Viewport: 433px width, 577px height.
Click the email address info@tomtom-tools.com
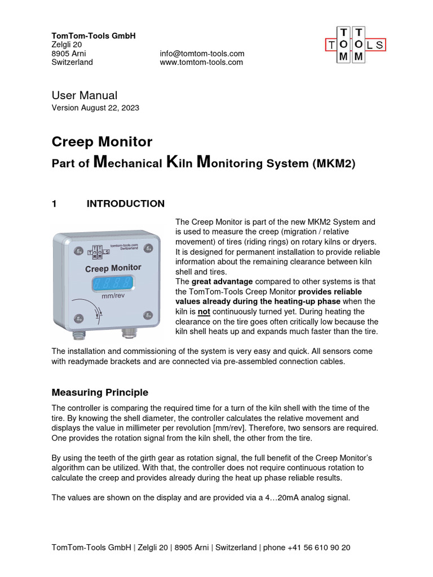pyautogui.click(x=202, y=54)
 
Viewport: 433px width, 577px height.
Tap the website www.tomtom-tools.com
pyautogui.click(x=201, y=63)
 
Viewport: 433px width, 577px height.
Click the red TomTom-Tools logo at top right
pyautogui.click(x=355, y=45)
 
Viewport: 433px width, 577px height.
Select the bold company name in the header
pyautogui.click(x=94, y=36)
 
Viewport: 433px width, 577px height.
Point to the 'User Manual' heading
pyautogui.click(x=85, y=95)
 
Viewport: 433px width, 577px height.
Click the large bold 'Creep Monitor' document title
pyautogui.click(x=101, y=141)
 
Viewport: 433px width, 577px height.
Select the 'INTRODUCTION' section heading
pyautogui.click(x=125, y=204)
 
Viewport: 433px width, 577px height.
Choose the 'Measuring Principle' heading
pyautogui.click(x=100, y=392)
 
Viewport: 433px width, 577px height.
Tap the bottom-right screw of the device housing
pyautogui.click(x=147, y=314)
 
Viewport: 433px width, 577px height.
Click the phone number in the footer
pyautogui.click(x=319, y=547)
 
